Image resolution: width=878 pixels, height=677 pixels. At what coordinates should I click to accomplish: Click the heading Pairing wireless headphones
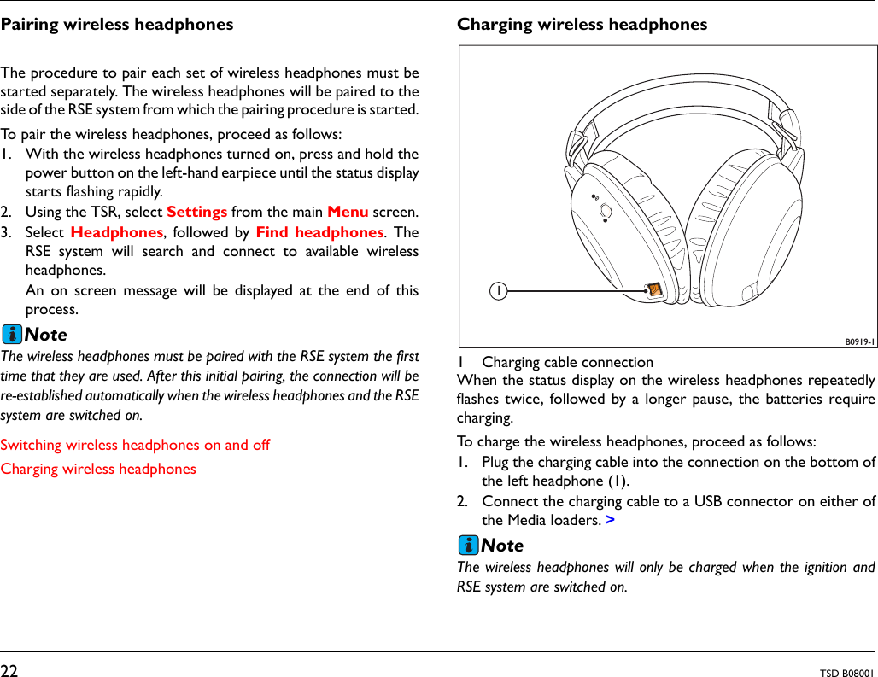117,25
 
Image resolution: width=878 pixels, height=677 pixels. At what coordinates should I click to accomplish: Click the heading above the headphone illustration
582,25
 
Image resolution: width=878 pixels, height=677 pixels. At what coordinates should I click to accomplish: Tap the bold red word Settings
196,212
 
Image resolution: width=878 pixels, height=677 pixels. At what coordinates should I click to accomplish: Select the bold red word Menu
348,212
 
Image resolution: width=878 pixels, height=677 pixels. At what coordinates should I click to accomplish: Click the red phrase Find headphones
319,232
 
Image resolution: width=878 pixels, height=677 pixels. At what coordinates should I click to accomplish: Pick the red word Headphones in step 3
117,232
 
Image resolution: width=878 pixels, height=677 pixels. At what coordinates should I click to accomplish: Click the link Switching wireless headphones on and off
135,445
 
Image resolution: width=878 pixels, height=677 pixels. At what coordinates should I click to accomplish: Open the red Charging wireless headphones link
98,469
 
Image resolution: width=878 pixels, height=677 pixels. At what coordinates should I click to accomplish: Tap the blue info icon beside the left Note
12,334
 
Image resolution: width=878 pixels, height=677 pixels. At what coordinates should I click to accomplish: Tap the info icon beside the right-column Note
468,545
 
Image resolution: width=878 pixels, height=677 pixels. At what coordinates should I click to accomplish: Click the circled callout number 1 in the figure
496,291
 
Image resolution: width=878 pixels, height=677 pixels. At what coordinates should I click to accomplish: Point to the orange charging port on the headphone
653,290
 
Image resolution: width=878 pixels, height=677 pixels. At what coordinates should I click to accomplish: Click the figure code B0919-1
858,341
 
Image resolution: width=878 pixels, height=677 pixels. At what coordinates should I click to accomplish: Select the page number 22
9,671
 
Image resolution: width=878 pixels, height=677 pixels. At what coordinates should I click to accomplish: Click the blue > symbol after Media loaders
610,520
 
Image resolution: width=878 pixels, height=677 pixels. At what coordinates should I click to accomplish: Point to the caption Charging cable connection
567,363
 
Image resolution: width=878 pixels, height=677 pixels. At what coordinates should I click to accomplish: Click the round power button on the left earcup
605,210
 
